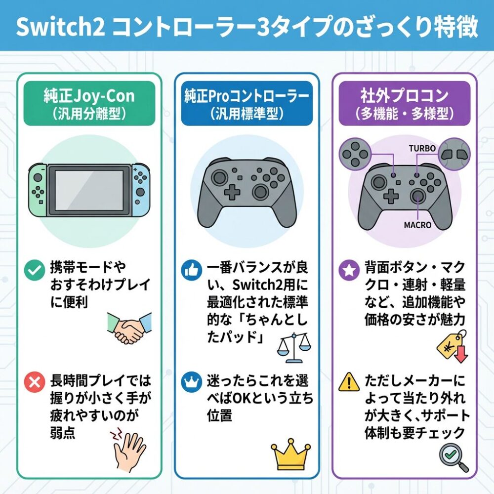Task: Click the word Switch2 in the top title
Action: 60,27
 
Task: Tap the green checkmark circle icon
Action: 35,270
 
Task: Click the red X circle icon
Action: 35,382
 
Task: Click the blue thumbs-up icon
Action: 192,270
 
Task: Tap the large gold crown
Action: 290,454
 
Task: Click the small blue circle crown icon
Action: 192,382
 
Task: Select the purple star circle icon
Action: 349,270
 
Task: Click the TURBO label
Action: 422,148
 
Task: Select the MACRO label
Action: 417,225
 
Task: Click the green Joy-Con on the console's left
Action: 38,190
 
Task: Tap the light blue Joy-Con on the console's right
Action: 140,190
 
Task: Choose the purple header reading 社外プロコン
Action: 404,104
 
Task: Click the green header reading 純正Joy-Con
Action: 89,104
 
